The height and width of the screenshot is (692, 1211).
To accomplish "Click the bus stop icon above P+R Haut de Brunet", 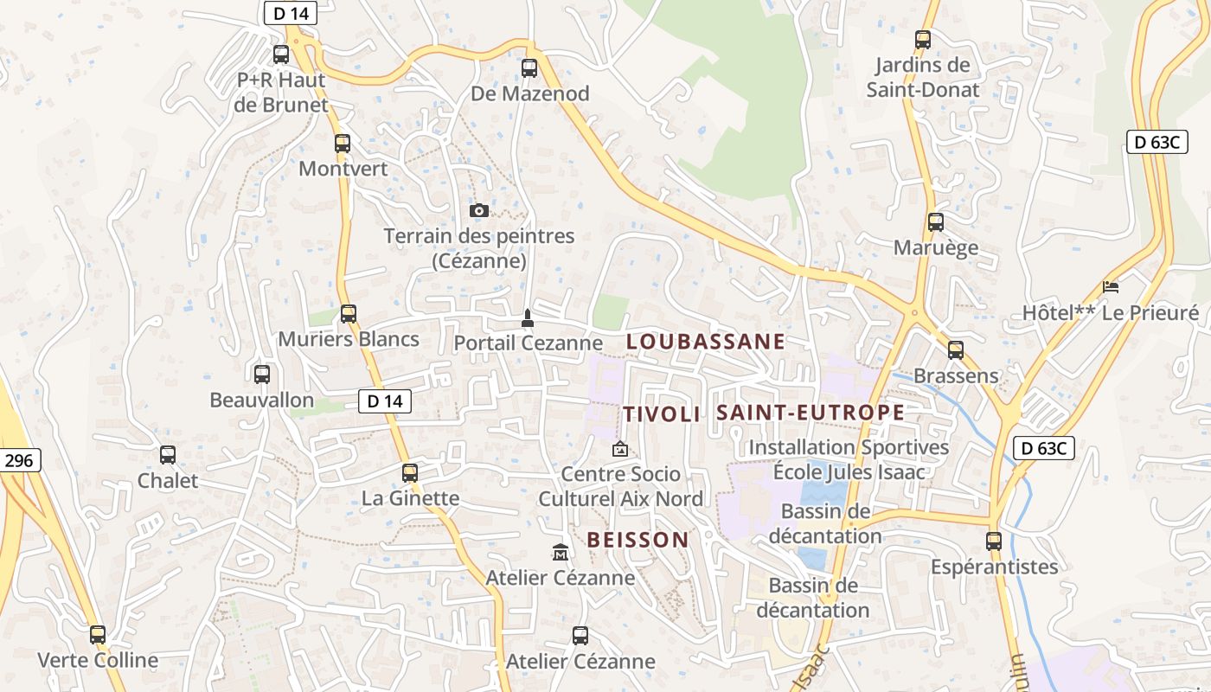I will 281,54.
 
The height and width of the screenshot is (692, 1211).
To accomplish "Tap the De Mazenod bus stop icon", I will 529,67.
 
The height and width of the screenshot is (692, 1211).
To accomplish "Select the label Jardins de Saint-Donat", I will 923,77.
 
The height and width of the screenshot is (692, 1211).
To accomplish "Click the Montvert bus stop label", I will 343,169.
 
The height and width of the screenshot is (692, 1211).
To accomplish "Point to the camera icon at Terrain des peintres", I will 478,210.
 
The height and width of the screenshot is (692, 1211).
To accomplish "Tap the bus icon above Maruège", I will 935,222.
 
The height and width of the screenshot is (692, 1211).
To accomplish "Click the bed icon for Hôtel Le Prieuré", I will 1111,286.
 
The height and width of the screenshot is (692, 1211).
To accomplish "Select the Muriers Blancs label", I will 349,339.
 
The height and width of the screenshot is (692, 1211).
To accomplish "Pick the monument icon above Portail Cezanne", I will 527,318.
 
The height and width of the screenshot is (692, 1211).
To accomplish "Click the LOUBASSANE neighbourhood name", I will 705,342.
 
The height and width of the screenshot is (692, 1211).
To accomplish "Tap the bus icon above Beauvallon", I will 262,375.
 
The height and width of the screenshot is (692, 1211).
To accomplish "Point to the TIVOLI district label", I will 662,414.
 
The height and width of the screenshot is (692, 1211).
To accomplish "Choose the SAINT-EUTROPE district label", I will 811,413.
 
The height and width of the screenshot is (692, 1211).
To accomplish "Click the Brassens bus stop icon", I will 955,350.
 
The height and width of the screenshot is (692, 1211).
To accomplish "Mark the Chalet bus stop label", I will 168,480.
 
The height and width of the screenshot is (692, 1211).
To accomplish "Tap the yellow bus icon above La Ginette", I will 410,473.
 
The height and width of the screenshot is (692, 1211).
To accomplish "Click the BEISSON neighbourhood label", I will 638,540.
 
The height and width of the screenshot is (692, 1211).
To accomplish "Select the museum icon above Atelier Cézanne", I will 560,552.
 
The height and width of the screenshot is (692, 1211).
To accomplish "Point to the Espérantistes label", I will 994,567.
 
